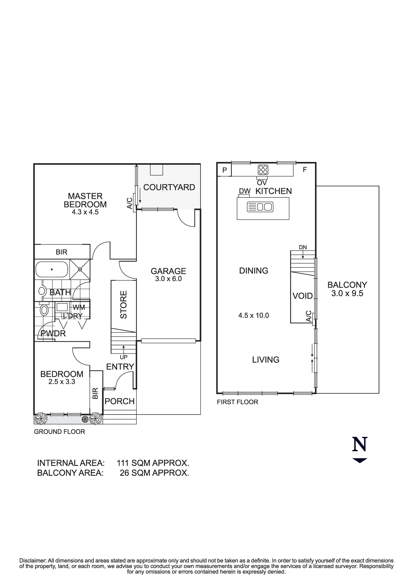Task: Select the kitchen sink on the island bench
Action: point(260,207)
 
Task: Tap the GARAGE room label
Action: point(168,271)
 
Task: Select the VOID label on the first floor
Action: point(302,296)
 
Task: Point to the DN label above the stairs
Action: point(303,247)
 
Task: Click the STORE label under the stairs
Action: point(123,305)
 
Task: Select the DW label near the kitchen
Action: point(245,191)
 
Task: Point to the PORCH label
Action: point(119,401)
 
